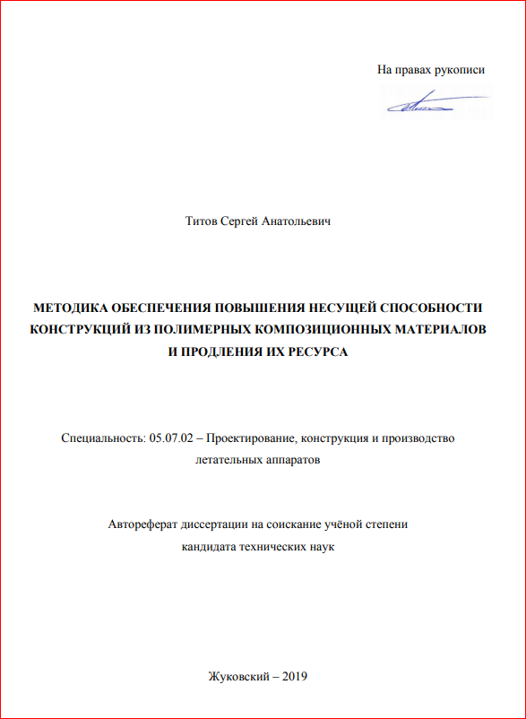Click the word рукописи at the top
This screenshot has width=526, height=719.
point(460,69)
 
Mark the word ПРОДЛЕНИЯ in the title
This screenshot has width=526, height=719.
point(219,351)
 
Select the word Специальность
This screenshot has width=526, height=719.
point(98,438)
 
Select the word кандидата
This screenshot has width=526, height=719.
point(208,546)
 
